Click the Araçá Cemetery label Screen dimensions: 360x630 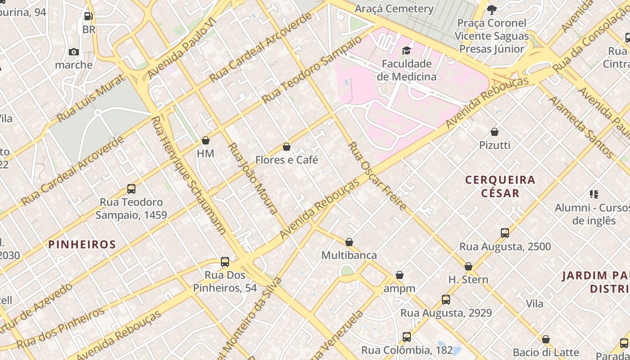point(394,9)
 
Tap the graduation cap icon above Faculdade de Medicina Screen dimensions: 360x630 point(406,50)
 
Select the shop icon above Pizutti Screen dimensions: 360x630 point(495,132)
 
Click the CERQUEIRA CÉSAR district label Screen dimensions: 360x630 point(500,187)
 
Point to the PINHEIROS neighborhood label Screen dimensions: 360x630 point(82,244)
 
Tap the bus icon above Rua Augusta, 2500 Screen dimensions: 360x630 point(505,233)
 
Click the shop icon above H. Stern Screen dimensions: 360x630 point(468,266)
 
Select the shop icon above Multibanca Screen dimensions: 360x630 point(349,242)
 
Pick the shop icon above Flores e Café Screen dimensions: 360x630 point(287,147)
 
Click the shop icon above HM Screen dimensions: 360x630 point(206,140)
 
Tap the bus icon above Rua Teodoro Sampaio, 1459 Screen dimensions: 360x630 point(131,189)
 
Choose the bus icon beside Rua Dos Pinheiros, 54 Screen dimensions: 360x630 point(225,261)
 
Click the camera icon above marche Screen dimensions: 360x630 point(74,52)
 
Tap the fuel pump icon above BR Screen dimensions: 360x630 point(89,17)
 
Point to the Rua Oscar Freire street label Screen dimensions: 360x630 point(377,176)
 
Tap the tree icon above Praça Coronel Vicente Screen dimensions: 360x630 point(492,9)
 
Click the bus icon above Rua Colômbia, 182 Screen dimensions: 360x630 point(407,337)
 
